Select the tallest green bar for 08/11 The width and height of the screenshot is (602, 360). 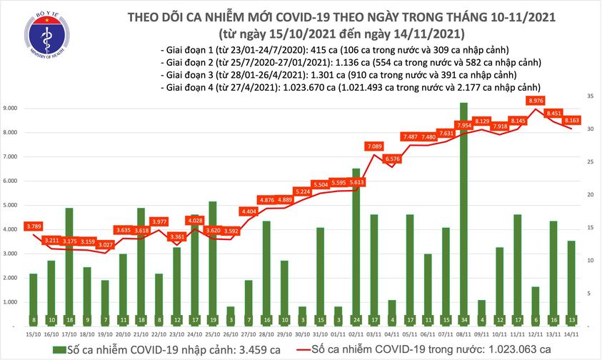(463, 214)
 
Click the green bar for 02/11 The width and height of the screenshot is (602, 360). (356, 246)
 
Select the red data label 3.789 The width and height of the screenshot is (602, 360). (34, 227)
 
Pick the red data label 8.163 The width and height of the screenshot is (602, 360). (571, 121)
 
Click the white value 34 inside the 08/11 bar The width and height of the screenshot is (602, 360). (463, 320)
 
